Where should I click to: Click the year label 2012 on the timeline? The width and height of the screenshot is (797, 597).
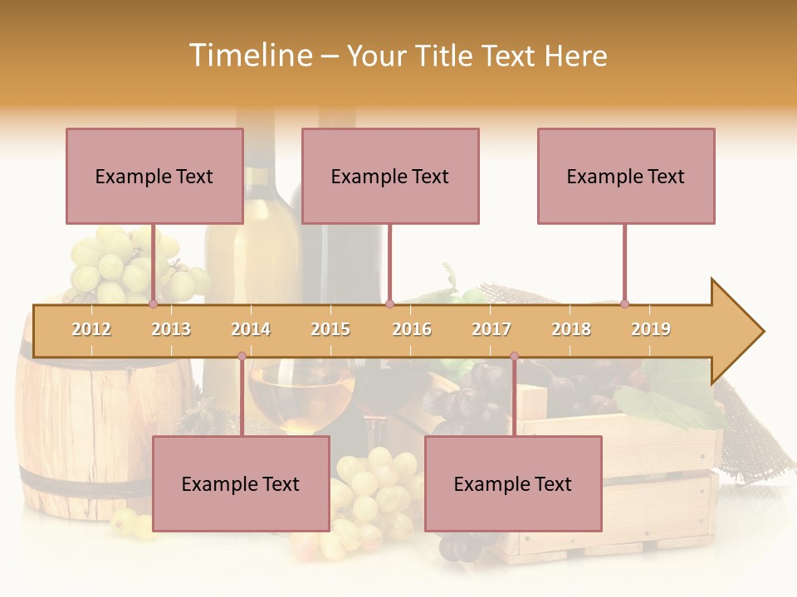(91, 329)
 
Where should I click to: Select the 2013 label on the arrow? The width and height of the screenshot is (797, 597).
(171, 329)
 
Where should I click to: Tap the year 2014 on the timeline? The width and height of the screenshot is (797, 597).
(251, 329)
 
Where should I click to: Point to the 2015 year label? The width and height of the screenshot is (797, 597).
(330, 329)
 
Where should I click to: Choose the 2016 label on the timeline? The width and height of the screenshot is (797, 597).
(412, 329)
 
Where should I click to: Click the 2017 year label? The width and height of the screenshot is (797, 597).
(491, 329)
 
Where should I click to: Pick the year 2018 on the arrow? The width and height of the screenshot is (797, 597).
(571, 329)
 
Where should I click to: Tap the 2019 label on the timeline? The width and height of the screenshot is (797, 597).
(651, 329)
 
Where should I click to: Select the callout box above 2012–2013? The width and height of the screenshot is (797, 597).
(154, 176)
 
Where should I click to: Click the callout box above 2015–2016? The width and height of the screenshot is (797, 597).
(390, 176)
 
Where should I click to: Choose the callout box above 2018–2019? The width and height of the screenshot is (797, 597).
(626, 176)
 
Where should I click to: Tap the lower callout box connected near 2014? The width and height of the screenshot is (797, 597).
(241, 483)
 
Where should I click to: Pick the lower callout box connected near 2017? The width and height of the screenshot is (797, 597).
(513, 483)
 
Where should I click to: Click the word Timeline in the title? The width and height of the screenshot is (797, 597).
(249, 56)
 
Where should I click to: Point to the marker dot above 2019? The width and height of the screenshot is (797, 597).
(625, 303)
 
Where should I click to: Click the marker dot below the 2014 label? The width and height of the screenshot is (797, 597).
(242, 356)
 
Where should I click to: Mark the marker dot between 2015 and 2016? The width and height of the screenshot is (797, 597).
(389, 303)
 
